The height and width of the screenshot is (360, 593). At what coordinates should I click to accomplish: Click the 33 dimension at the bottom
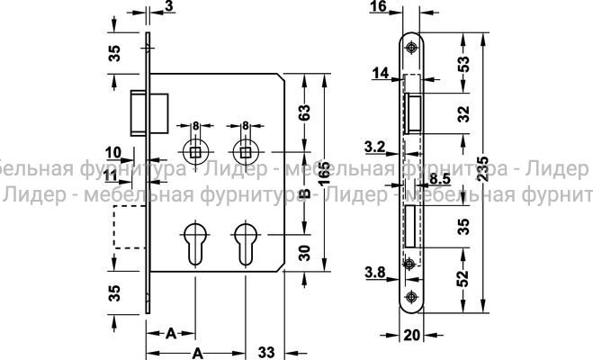pos(266,350)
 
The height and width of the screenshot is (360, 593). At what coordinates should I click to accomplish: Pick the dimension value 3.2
pos(374,145)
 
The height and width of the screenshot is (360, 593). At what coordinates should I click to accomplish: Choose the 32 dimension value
pos(463,114)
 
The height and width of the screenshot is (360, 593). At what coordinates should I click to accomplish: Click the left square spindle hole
pos(194,149)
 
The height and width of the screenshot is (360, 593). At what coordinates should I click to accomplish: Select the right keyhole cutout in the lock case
pos(244,245)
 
